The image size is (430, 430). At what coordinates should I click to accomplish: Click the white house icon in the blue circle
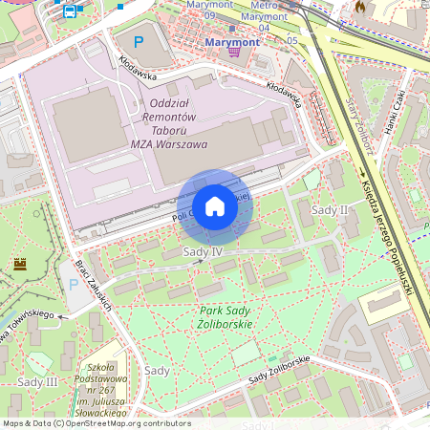click(x=215, y=205)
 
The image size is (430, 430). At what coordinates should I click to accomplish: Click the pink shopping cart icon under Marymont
click(x=234, y=52)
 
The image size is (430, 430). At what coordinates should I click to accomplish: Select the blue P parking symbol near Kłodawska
click(x=139, y=42)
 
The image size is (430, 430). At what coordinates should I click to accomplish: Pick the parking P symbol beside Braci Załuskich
click(x=72, y=284)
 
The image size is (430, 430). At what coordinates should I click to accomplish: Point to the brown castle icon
click(x=19, y=263)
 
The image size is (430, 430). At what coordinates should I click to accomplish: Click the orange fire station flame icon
click(x=360, y=7)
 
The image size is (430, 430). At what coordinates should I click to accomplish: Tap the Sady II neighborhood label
click(x=330, y=208)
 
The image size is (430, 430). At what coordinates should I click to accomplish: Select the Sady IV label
click(x=202, y=251)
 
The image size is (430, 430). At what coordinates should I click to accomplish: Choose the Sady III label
click(x=37, y=381)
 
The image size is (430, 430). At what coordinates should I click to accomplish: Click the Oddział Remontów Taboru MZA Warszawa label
click(x=166, y=122)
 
